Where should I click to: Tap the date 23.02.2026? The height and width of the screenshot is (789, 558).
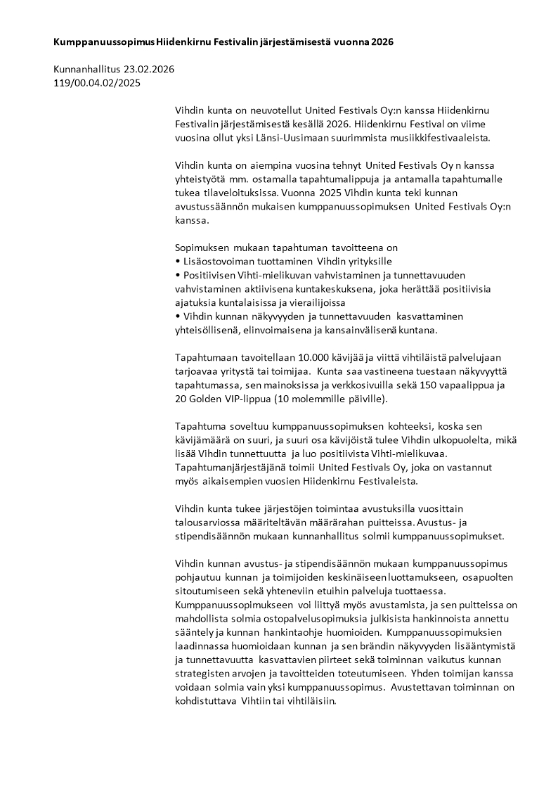149,70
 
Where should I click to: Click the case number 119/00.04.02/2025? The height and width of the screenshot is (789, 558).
97,83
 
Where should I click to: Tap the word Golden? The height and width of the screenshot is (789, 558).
208,399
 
